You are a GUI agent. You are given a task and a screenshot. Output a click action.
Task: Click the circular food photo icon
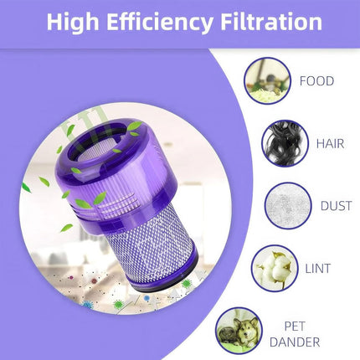[267, 80]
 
